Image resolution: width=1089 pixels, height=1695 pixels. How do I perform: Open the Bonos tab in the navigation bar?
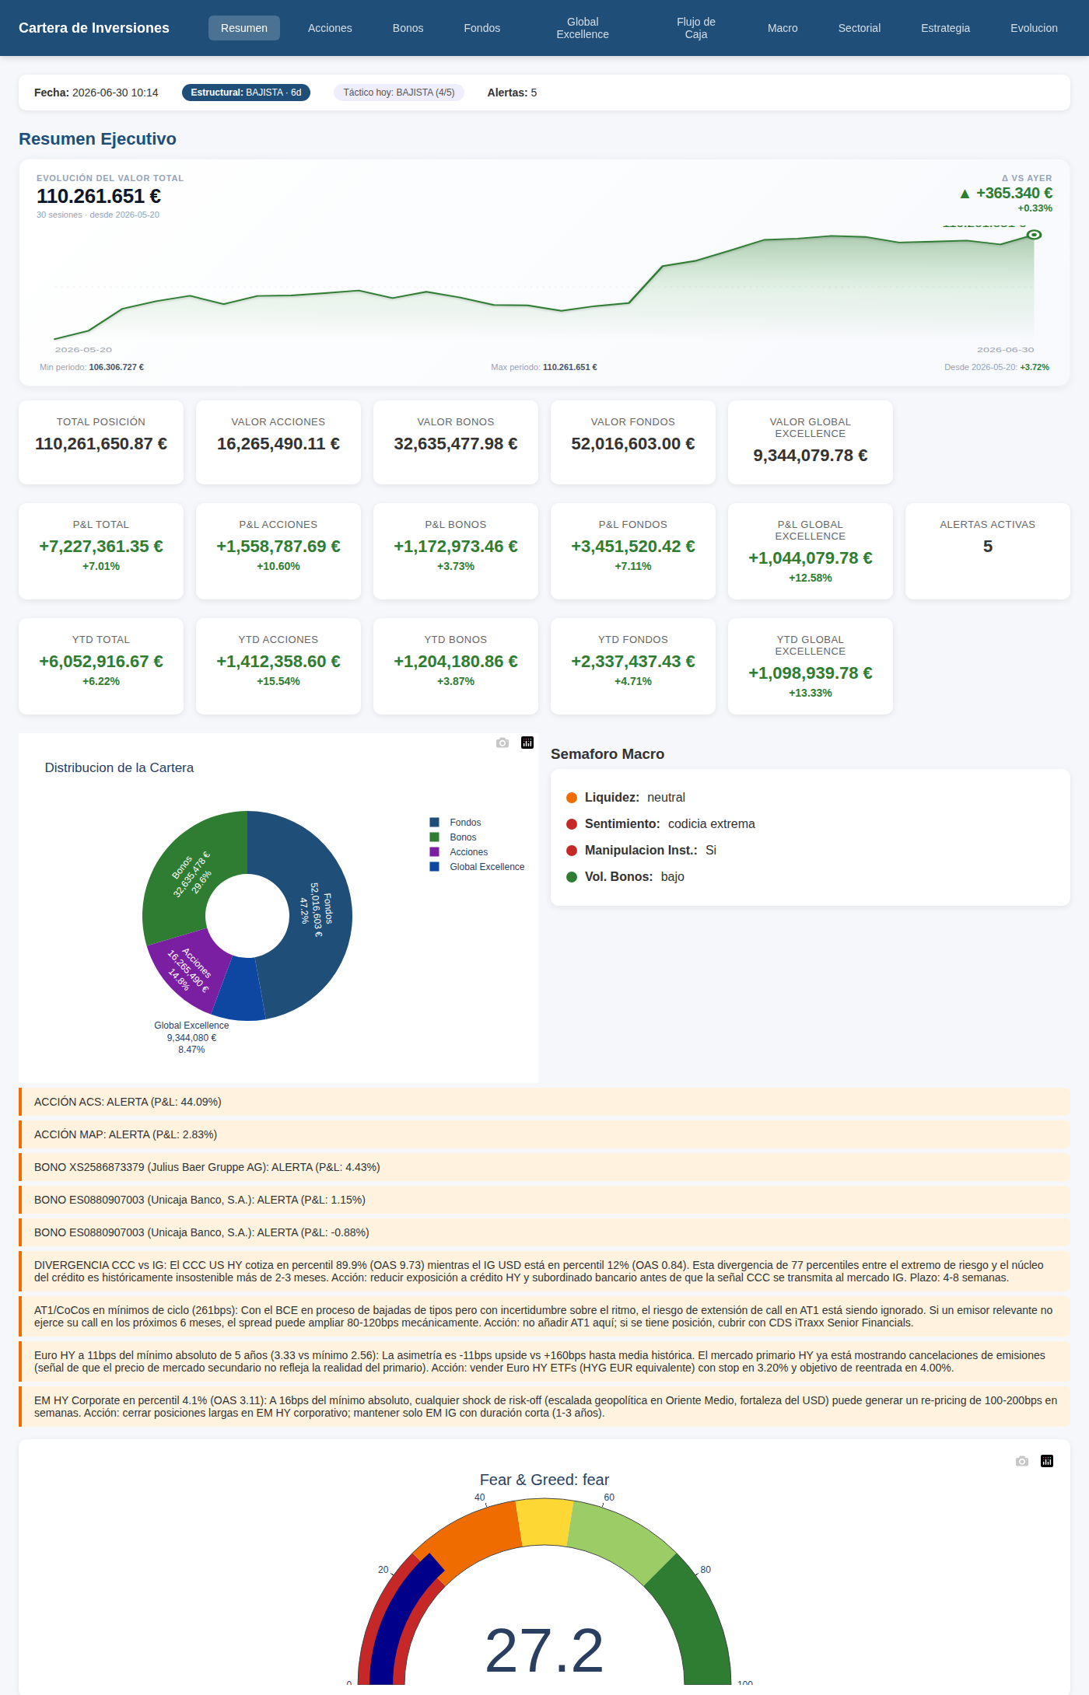click(x=408, y=28)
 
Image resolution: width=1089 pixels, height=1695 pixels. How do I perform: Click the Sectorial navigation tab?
click(x=859, y=28)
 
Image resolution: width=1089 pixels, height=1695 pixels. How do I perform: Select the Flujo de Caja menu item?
click(x=696, y=28)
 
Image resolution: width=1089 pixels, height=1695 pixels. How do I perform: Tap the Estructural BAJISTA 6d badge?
click(x=246, y=93)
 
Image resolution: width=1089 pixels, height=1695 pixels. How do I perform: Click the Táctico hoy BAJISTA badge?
click(x=399, y=93)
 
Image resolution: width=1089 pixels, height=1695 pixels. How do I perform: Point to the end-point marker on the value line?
click(x=1034, y=235)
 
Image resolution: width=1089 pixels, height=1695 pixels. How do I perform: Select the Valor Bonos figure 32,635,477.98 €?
click(x=456, y=444)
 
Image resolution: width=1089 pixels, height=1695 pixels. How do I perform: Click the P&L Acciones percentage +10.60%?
click(x=278, y=566)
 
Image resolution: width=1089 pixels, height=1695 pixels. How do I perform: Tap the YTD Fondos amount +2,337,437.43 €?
click(x=633, y=662)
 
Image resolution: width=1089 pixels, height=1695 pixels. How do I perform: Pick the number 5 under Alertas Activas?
click(x=988, y=547)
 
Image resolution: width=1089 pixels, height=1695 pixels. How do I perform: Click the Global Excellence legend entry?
click(x=477, y=867)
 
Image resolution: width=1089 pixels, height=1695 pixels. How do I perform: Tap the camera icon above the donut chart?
click(x=502, y=743)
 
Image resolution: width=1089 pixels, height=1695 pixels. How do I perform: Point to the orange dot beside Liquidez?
click(x=572, y=798)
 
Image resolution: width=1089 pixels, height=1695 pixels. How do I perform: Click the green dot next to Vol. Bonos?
click(x=572, y=877)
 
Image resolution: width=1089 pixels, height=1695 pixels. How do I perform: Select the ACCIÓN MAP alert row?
click(x=544, y=1134)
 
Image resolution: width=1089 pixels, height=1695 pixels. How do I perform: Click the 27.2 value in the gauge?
click(x=544, y=1650)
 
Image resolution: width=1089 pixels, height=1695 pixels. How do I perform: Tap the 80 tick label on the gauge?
click(x=706, y=1569)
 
